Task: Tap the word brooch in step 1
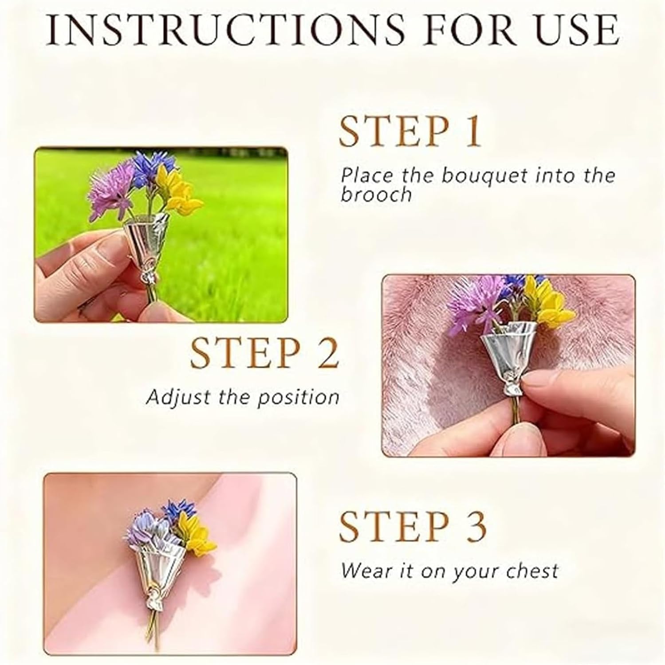coord(377,195)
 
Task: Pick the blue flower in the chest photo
coord(182,509)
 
